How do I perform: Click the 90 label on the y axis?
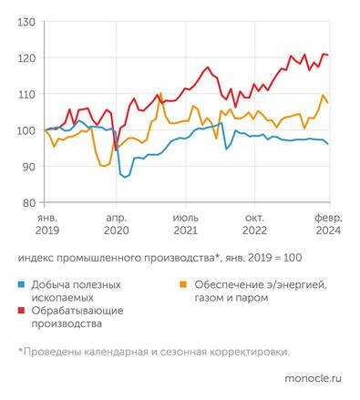[x=27, y=167]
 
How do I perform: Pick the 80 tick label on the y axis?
[x=27, y=202]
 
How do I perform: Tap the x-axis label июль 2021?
[x=187, y=225]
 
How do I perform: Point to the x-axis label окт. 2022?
[x=258, y=225]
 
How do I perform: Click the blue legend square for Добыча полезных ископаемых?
[x=22, y=285]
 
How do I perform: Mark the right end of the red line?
[x=328, y=56]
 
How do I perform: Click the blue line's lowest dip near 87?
[x=126, y=177]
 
